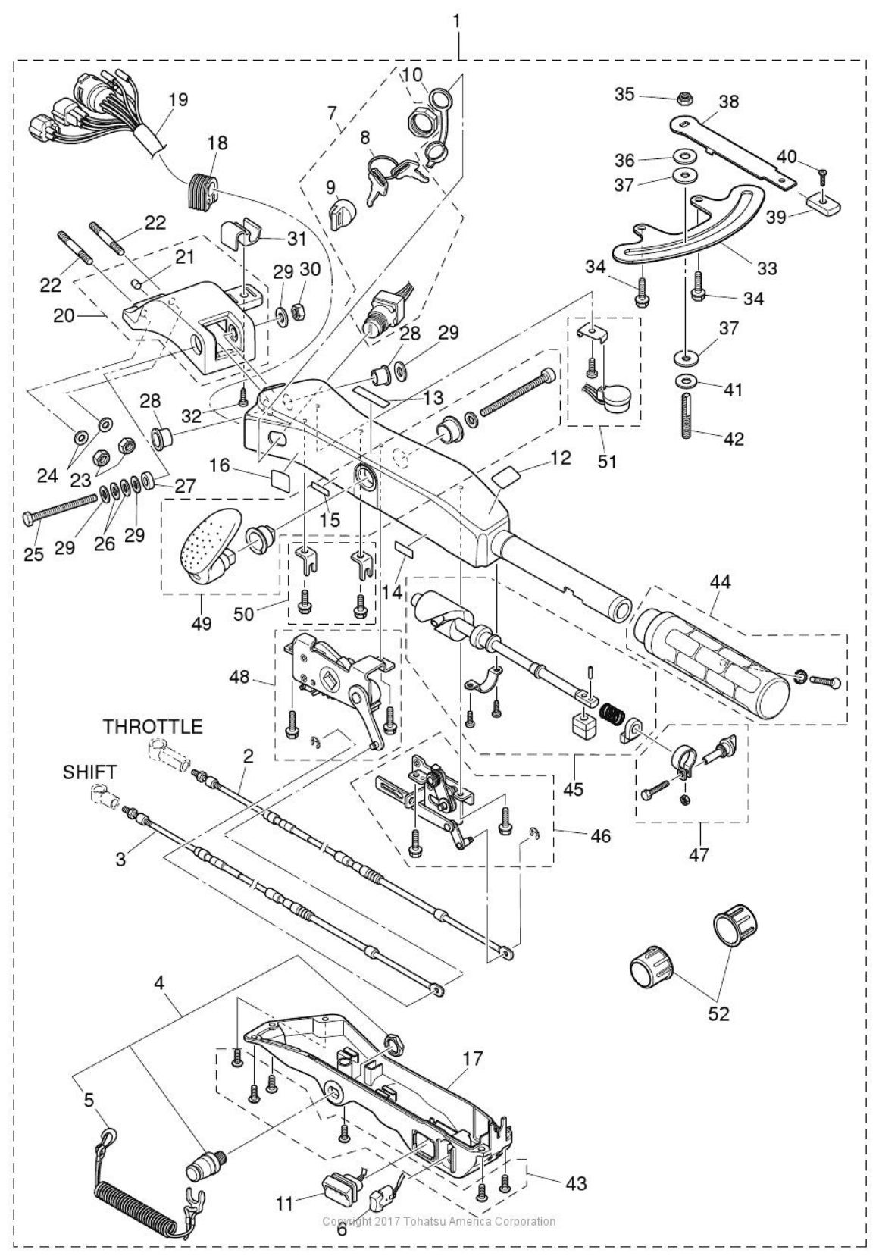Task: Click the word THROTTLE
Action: (152, 727)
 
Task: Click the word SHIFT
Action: (89, 772)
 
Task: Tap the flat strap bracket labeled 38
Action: (731, 148)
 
